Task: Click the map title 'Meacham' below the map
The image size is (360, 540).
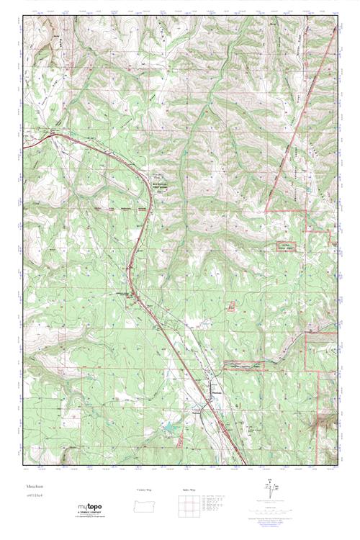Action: click(37, 487)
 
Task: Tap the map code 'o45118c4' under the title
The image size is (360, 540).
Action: click(38, 497)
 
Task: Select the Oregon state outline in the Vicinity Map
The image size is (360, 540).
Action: click(145, 501)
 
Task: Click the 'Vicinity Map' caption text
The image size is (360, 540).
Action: click(145, 489)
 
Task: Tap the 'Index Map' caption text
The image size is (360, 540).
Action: click(188, 489)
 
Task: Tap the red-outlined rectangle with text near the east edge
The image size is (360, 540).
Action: click(287, 247)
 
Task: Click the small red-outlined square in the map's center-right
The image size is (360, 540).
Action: click(231, 306)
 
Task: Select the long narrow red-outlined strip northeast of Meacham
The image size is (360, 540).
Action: click(243, 366)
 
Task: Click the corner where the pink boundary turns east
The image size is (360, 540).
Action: click(267, 211)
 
